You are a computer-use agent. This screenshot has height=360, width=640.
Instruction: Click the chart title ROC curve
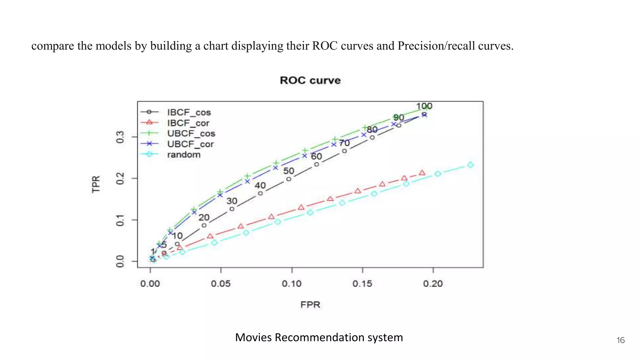[x=310, y=80]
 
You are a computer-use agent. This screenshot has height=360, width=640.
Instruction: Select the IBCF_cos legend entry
[x=189, y=112]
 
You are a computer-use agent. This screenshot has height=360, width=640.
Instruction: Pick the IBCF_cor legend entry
[x=188, y=123]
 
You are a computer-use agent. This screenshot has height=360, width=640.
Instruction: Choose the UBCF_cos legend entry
[x=191, y=133]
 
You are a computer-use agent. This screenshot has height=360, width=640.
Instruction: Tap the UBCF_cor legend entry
[x=190, y=144]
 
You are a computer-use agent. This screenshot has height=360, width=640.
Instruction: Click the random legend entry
[x=184, y=155]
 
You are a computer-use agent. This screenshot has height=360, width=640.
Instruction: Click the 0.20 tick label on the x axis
[x=433, y=284]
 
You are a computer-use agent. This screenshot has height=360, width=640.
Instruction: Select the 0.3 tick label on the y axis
[x=120, y=137]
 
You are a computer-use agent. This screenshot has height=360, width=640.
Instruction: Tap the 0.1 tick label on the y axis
[x=120, y=220]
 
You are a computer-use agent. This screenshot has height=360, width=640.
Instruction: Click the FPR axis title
[x=310, y=305]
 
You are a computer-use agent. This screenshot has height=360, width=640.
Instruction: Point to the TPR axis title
[x=96, y=184]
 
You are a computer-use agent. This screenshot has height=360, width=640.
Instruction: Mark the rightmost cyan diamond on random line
[x=470, y=165]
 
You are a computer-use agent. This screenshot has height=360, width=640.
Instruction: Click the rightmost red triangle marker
[x=422, y=173]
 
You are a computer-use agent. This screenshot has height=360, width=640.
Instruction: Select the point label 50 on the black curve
[x=288, y=171]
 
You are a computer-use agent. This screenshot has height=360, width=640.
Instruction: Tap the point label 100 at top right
[x=424, y=106]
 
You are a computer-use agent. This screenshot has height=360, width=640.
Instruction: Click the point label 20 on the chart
[x=204, y=217]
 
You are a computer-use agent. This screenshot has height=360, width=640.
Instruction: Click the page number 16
[x=621, y=340]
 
